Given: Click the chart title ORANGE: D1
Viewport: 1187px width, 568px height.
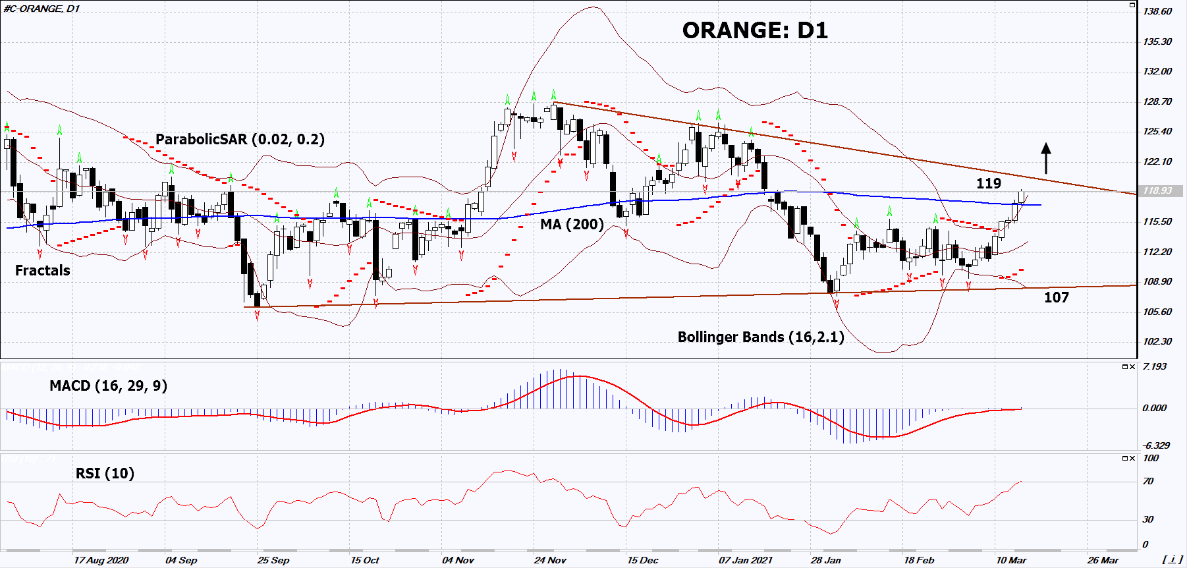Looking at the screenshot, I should pos(755,30).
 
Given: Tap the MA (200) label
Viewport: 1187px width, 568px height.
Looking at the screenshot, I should pos(572,225).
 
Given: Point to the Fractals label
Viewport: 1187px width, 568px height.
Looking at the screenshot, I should pos(42,271).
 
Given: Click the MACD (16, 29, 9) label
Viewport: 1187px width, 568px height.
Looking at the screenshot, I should pos(108,386).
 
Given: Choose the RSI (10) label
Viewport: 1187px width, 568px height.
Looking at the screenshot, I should pos(105,474).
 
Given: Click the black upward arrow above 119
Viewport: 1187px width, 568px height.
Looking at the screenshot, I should pos(1045,158).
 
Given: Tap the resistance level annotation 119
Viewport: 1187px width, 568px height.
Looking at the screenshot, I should pos(988,183).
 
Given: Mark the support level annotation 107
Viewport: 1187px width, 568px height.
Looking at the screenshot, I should pos(1056,297).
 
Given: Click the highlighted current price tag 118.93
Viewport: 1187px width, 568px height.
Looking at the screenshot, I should pos(1157,190).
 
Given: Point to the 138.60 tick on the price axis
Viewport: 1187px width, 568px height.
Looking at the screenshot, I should pos(1157,11).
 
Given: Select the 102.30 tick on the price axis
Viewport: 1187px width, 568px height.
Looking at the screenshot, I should pos(1157,341).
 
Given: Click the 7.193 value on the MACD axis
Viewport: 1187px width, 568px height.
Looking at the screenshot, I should pos(1155,366).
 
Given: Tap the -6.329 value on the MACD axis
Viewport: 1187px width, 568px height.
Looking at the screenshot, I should pos(1156,445).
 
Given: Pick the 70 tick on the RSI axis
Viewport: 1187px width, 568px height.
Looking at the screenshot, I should pos(1148,481).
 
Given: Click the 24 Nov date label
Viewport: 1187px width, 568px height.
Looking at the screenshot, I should pos(550,560).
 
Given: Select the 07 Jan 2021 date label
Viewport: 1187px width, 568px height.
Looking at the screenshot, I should pos(745,560).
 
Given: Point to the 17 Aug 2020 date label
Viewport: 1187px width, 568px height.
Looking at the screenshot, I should pos(101,560).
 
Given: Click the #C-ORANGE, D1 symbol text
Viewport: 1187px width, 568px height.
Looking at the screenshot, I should pos(41,9).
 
